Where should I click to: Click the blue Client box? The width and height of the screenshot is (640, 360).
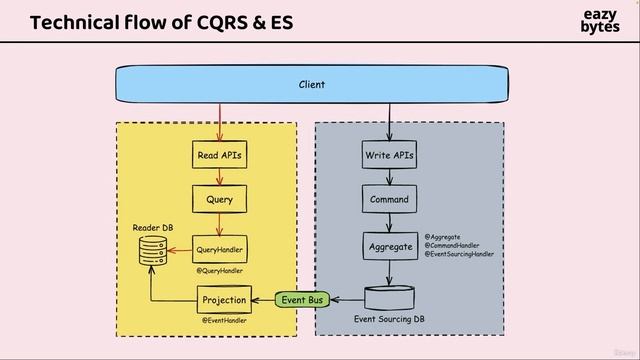(x=312, y=85)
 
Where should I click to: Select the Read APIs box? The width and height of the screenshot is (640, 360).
(x=219, y=156)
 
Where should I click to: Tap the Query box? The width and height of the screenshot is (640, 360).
(x=219, y=199)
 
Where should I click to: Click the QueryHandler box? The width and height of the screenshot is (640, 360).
(x=219, y=249)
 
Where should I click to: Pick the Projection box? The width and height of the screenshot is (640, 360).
(x=223, y=299)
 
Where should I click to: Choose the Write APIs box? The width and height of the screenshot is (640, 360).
(x=388, y=156)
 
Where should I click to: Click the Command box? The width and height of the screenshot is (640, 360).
(x=388, y=199)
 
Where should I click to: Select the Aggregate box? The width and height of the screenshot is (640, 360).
(x=388, y=245)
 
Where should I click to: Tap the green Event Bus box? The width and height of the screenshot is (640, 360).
(x=302, y=298)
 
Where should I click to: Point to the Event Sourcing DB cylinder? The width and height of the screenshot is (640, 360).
(x=390, y=298)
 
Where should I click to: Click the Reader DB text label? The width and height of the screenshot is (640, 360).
(x=153, y=228)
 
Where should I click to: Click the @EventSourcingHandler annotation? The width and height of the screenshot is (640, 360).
(x=459, y=254)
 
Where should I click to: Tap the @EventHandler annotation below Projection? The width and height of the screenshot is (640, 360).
(x=224, y=320)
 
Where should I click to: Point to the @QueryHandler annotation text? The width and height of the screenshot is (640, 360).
(x=219, y=270)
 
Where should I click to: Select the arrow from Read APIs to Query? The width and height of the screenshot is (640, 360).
(x=219, y=177)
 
